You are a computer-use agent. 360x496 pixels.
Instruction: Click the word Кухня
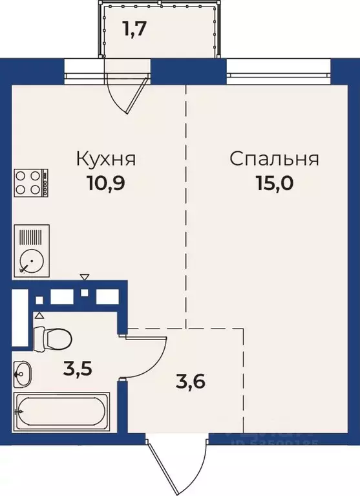click(106, 159)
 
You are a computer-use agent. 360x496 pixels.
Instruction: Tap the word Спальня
click(275, 159)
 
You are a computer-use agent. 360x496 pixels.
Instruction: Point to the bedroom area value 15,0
click(275, 183)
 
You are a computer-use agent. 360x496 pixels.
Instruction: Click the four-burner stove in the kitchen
click(30, 183)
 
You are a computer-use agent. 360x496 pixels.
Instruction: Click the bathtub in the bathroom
click(63, 409)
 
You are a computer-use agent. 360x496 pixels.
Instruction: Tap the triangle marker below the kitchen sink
click(85, 277)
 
